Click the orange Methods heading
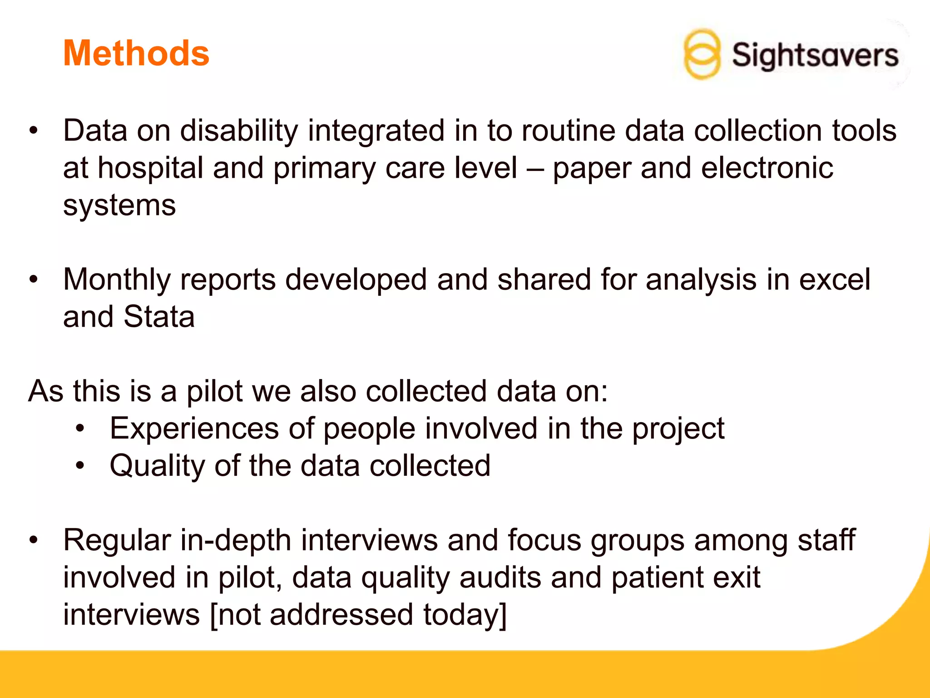(x=136, y=53)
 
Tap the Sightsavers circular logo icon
(x=702, y=55)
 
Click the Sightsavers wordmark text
(x=815, y=55)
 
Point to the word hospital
(x=150, y=168)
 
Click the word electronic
(x=767, y=168)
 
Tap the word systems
(x=119, y=205)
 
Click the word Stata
(x=159, y=317)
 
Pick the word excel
(x=835, y=279)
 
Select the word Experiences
(x=194, y=429)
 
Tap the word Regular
(x=117, y=540)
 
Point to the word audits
(x=500, y=578)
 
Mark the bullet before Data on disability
(x=34, y=131)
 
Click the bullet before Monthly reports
(x=34, y=279)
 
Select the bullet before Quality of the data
(x=80, y=466)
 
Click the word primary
(x=324, y=168)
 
